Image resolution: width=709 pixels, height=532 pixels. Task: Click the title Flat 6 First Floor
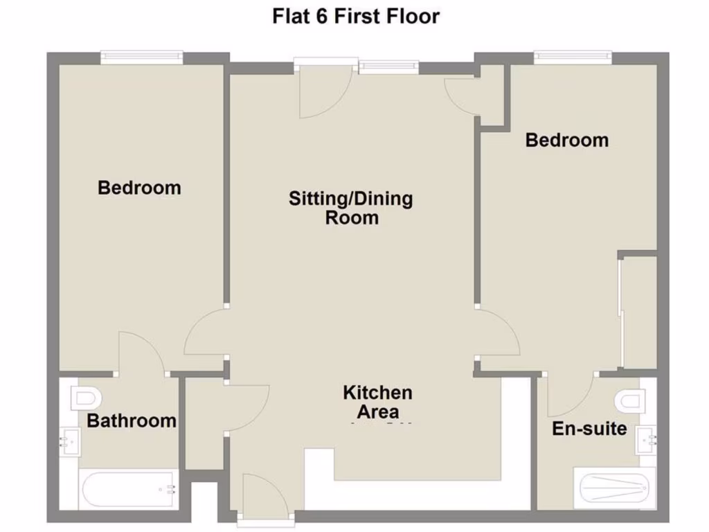355,15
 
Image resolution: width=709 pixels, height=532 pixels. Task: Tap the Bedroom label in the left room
139,188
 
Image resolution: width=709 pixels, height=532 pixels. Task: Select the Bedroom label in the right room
566,140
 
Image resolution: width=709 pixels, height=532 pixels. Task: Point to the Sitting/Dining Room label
351,209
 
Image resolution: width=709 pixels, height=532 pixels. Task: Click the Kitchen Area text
377,402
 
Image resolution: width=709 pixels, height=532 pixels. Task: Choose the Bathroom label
131,420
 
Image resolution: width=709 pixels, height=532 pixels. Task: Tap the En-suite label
589,429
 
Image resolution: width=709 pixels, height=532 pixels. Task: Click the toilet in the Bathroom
86,398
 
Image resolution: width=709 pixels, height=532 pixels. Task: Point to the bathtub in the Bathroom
129,490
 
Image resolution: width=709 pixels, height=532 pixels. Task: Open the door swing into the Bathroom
141,353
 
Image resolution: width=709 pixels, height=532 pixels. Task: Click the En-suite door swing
569,395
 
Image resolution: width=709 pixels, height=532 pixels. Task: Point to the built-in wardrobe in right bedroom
638,312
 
